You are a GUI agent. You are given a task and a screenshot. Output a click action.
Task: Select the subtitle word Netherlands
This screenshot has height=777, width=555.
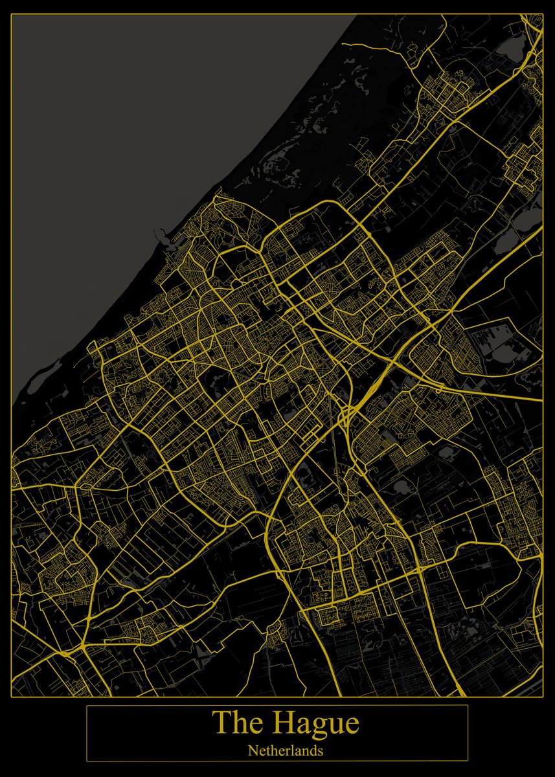[x=285, y=751]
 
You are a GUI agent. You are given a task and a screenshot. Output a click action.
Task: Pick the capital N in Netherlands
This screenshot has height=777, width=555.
[x=252, y=751]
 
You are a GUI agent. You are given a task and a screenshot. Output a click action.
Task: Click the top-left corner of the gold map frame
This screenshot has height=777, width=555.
[x=12, y=14]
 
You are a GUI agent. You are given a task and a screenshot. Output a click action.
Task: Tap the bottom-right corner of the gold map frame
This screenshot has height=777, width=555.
[x=543, y=697]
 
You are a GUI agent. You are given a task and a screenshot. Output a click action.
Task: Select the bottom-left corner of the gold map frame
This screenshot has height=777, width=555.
[x=12, y=697]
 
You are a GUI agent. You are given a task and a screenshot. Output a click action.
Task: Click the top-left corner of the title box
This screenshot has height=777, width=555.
[x=87, y=705]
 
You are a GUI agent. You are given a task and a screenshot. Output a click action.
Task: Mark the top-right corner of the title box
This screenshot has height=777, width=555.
[x=468, y=705]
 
